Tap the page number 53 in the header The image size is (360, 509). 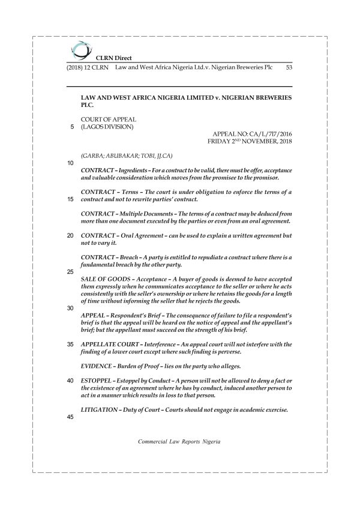click(289, 68)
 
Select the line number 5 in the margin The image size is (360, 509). click(71, 127)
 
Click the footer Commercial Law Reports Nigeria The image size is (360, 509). click(179, 441)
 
